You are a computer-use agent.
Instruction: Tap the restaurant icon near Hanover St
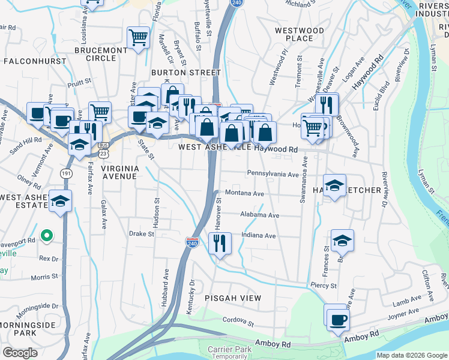(220, 244)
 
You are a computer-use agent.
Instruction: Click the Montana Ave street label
(244, 194)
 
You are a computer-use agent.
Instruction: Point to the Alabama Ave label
(259, 215)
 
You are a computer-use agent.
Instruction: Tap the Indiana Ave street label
(258, 236)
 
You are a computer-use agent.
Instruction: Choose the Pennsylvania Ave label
(273, 174)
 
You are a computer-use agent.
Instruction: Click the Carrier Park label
(228, 349)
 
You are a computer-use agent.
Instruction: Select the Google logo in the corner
(20, 353)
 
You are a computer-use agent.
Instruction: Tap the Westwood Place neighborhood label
(299, 34)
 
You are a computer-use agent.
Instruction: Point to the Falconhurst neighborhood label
(29, 61)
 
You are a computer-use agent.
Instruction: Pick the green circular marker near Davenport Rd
(46, 235)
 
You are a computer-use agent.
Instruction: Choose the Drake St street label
(142, 234)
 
